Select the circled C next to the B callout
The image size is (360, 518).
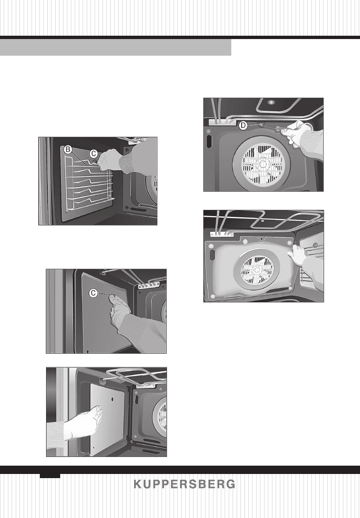point(95,153)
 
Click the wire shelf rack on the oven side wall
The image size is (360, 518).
point(89,183)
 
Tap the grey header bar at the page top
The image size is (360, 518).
point(115,47)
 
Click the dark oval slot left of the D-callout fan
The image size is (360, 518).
point(209,140)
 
